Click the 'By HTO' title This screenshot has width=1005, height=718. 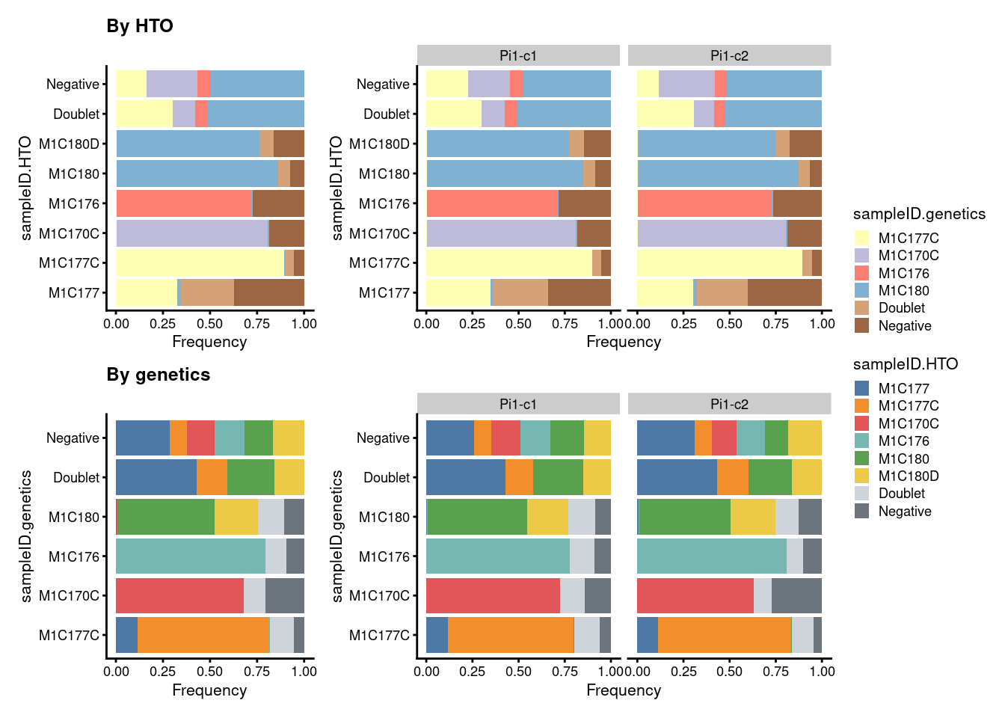pyautogui.click(x=140, y=26)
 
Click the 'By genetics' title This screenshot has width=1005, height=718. pyautogui.click(x=159, y=375)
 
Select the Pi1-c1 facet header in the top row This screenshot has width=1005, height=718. pyautogui.click(x=518, y=55)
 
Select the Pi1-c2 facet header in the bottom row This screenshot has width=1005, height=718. pyautogui.click(x=729, y=404)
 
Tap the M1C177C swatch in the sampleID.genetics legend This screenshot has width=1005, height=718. pyautogui.click(x=861, y=238)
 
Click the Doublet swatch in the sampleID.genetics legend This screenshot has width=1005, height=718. pyautogui.click(x=861, y=307)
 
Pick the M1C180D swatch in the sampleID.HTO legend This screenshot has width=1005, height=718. pyautogui.click(x=861, y=476)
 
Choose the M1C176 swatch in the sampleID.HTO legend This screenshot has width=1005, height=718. pyautogui.click(x=861, y=441)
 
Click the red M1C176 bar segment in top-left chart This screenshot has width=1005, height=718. pyautogui.click(x=183, y=203)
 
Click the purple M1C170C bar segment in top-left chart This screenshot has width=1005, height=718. pyautogui.click(x=191, y=233)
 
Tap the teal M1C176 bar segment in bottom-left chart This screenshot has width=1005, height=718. pyautogui.click(x=191, y=556)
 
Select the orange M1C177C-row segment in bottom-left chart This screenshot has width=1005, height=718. pyautogui.click(x=203, y=635)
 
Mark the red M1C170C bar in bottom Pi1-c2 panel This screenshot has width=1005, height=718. pyautogui.click(x=695, y=595)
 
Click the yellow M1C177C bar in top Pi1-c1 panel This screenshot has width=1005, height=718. pyautogui.click(x=508, y=263)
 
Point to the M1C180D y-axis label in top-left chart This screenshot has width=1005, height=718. pyautogui.click(x=69, y=144)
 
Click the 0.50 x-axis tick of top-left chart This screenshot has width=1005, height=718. pyautogui.click(x=210, y=324)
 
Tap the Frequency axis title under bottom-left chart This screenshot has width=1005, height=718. pyautogui.click(x=209, y=690)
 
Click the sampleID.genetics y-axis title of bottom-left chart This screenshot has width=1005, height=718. pyautogui.click(x=26, y=536)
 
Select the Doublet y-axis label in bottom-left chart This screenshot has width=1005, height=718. pyautogui.click(x=76, y=477)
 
